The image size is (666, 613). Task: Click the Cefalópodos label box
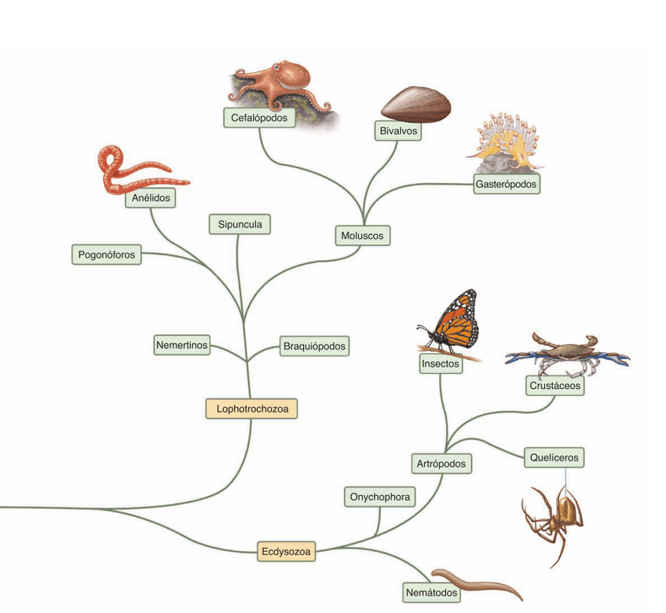click(x=259, y=117)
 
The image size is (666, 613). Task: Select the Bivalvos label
click(x=398, y=130)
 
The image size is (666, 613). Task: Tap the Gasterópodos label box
click(x=507, y=185)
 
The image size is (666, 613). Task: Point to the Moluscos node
click(x=361, y=235)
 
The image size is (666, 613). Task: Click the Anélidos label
click(x=151, y=199)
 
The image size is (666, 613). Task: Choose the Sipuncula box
click(x=240, y=224)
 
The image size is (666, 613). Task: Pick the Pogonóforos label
click(x=107, y=255)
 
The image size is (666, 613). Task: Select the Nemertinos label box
click(x=182, y=344)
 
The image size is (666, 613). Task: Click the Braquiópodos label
click(x=313, y=345)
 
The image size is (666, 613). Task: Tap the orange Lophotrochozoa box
click(x=251, y=409)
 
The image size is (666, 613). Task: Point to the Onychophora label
click(x=379, y=497)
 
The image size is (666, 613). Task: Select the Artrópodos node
click(x=442, y=464)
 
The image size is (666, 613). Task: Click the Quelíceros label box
click(x=554, y=457)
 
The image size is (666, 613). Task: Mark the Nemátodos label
click(x=431, y=590)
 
